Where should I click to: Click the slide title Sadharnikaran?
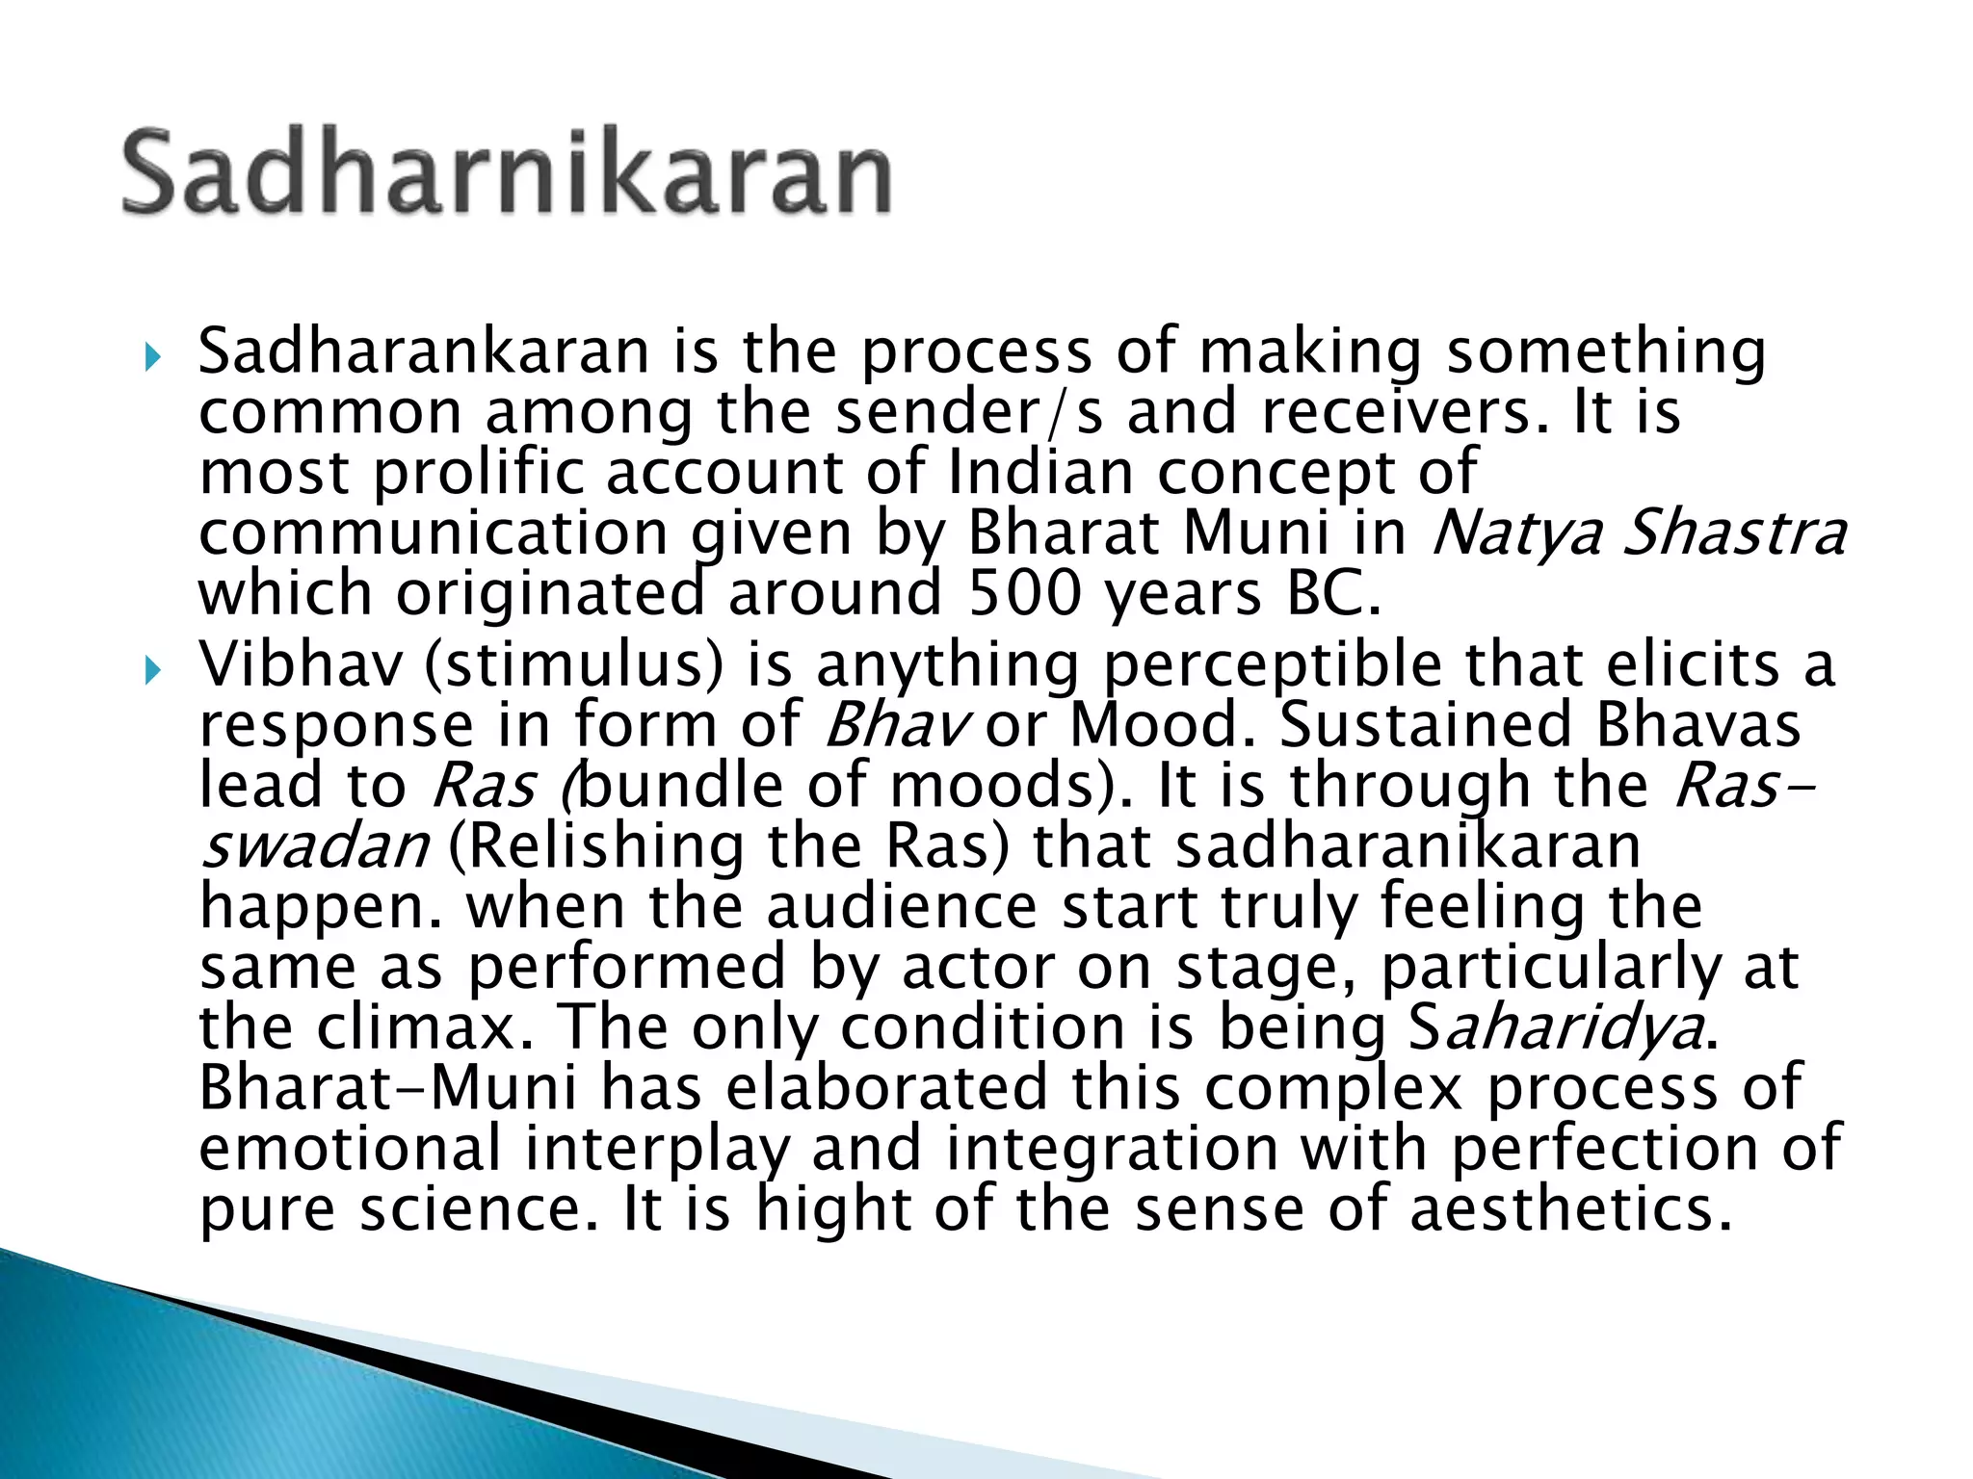coord(507,173)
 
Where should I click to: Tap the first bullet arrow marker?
coord(152,359)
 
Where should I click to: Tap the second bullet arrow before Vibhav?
coord(152,671)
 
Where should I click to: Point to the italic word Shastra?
coord(1734,532)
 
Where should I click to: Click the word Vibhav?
coord(300,664)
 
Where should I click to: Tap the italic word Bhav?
coord(893,724)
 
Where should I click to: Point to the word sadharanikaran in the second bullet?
coord(1407,845)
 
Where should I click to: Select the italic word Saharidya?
coord(1555,1028)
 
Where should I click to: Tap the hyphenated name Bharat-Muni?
coord(388,1087)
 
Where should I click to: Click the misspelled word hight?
coord(834,1209)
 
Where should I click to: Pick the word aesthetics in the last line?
coord(1569,1209)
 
